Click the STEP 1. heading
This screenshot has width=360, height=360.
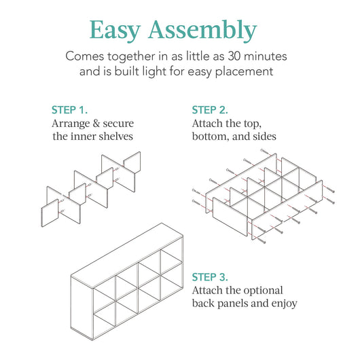(x=70, y=110)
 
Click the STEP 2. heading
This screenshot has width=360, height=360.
(x=211, y=110)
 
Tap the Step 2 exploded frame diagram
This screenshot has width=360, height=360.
(x=262, y=197)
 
